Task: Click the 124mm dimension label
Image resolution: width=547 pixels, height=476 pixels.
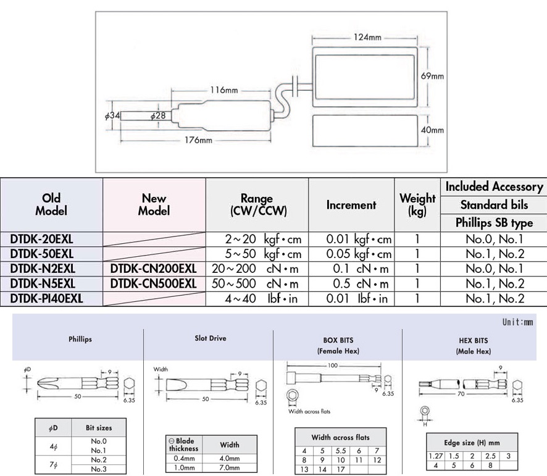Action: (x=367, y=38)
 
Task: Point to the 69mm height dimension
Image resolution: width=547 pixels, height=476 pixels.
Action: (x=436, y=76)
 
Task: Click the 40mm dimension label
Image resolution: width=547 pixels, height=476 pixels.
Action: (x=436, y=130)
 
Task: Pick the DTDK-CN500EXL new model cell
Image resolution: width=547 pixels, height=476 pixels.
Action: (x=153, y=284)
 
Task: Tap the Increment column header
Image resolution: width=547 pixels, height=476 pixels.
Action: (x=351, y=205)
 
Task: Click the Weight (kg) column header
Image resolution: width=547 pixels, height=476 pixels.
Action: (x=417, y=205)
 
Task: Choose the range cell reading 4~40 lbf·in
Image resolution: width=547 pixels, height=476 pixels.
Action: (x=256, y=299)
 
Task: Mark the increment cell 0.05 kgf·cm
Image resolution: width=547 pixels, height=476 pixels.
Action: (x=359, y=254)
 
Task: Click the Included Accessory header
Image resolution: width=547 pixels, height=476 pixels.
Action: (x=494, y=186)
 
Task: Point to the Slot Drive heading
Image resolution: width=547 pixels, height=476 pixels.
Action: (x=210, y=338)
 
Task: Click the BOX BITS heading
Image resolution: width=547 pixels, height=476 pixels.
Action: (x=338, y=340)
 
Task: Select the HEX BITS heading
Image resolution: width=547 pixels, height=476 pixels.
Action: (x=474, y=340)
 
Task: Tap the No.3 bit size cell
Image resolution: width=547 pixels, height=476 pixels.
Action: (x=99, y=469)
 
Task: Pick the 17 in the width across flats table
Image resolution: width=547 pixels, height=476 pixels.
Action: (x=340, y=470)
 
